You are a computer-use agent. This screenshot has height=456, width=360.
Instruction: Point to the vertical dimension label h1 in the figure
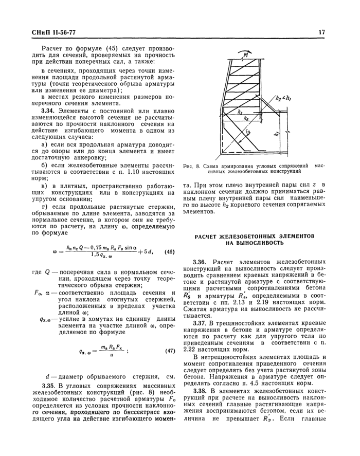pyautogui.click(x=278, y=135)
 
